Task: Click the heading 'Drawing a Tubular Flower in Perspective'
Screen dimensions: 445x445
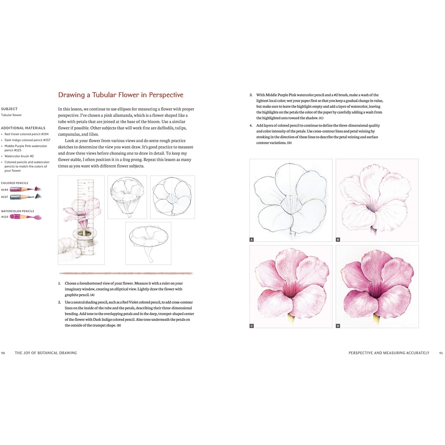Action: click(121, 95)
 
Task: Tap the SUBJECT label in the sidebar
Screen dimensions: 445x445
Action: click(9, 109)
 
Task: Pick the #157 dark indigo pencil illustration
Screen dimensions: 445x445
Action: click(25, 196)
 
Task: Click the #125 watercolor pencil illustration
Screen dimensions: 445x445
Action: click(26, 216)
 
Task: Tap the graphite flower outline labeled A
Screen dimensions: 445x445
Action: click(290, 199)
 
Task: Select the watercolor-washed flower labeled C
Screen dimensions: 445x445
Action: click(290, 285)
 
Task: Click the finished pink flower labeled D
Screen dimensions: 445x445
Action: click(377, 285)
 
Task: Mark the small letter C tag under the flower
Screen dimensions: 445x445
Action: click(252, 325)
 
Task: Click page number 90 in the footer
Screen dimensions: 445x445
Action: click(3, 353)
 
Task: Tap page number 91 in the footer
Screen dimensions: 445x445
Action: click(441, 353)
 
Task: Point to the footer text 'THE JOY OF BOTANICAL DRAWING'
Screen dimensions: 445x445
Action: click(46, 353)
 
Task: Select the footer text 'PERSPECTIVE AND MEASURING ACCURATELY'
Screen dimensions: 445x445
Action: click(389, 353)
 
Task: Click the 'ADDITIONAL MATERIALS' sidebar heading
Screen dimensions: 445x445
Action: click(23, 128)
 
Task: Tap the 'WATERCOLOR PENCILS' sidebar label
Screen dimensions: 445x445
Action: click(17, 211)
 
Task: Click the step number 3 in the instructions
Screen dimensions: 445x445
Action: click(251, 95)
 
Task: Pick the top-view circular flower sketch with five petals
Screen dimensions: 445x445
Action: click(172, 197)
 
